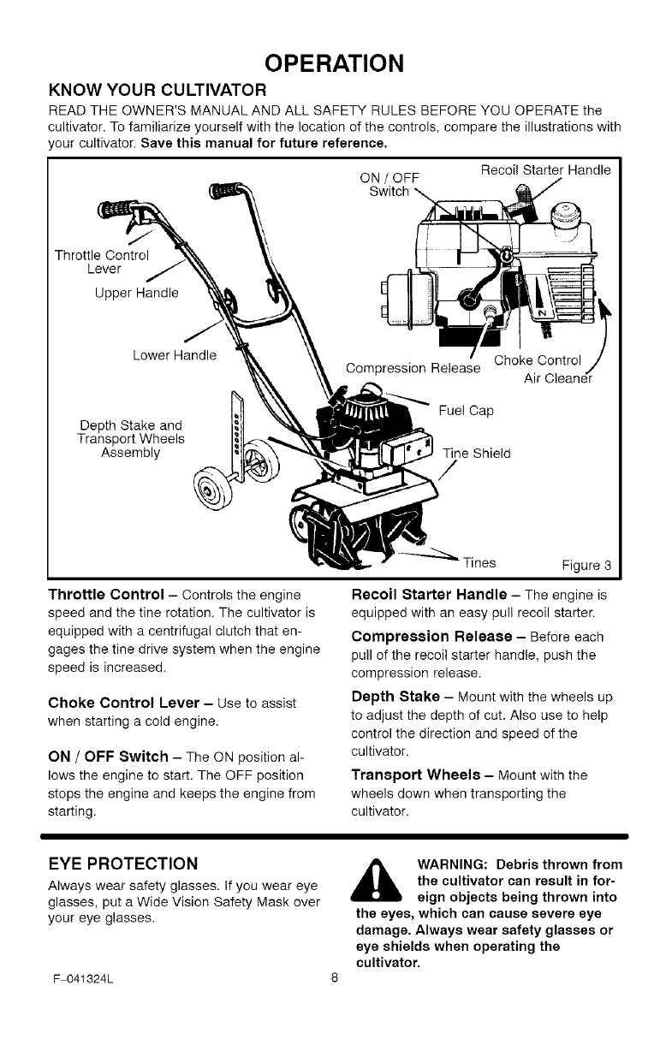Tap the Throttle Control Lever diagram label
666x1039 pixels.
tap(102, 262)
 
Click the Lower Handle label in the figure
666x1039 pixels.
tap(175, 354)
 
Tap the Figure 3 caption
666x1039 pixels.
tap(586, 565)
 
